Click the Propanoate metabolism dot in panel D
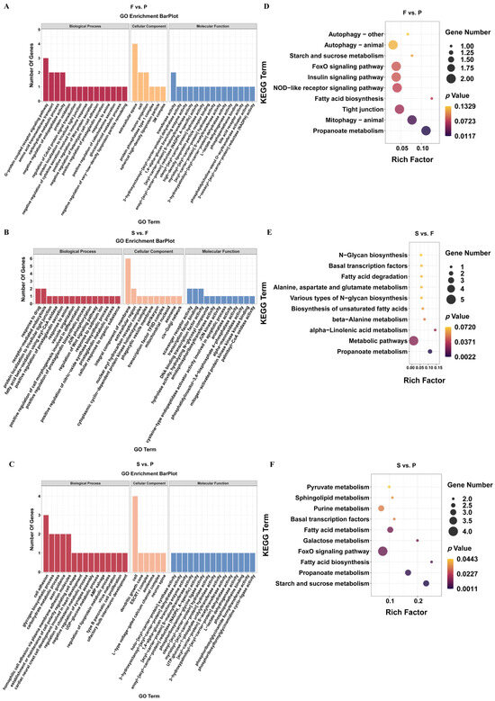pyautogui.click(x=426, y=130)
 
